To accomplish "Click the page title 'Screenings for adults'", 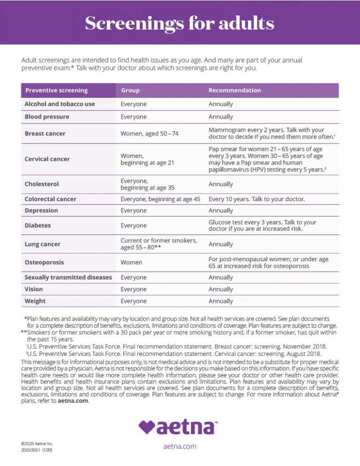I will click(x=180, y=23).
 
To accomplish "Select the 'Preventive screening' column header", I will click(x=56, y=90).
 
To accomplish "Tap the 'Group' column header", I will click(x=130, y=90).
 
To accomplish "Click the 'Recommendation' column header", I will click(x=234, y=90).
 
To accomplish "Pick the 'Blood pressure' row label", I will click(x=46, y=117).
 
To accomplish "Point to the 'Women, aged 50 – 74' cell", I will click(x=150, y=134).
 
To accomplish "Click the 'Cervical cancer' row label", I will click(x=47, y=159).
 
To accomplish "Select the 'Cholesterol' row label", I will click(x=42, y=184).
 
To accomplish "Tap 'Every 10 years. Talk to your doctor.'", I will click(x=256, y=199).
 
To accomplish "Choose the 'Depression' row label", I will click(x=41, y=211).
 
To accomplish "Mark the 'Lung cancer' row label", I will click(x=42, y=244).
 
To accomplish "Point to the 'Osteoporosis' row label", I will click(x=44, y=263).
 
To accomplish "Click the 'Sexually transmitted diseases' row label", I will click(x=68, y=278).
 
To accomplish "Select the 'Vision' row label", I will click(x=35, y=289).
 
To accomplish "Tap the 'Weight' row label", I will click(x=35, y=301).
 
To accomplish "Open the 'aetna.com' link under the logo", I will click(x=180, y=446).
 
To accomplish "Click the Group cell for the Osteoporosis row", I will click(x=131, y=263).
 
